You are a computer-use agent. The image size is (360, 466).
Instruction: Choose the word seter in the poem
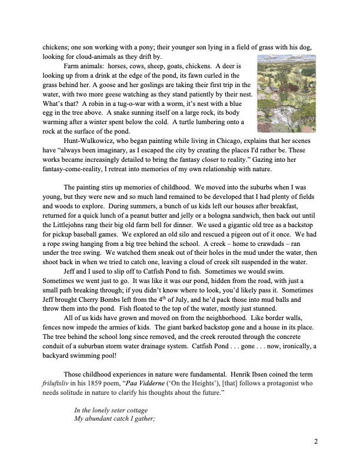116,409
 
